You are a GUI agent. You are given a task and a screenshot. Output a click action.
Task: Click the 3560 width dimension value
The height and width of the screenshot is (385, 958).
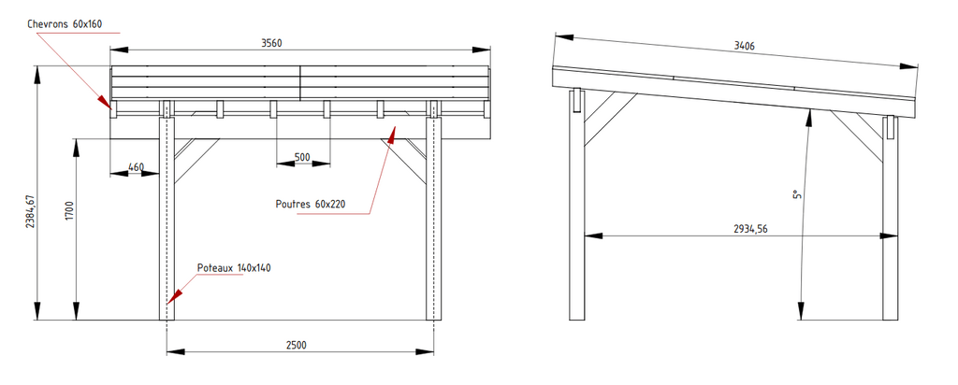271,43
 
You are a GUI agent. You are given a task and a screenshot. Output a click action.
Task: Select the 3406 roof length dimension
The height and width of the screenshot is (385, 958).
744,45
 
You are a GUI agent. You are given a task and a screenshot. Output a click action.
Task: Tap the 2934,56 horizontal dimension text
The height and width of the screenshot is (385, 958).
751,230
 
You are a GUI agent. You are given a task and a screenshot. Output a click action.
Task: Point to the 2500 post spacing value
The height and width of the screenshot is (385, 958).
297,345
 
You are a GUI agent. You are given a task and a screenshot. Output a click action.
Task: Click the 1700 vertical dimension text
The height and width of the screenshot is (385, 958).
69,210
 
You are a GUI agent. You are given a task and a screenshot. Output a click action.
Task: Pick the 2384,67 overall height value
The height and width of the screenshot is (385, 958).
30,212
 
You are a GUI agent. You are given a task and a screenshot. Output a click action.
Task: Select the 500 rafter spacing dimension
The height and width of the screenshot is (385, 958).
302,157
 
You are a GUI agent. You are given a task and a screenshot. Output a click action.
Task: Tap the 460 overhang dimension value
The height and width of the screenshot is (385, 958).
137,166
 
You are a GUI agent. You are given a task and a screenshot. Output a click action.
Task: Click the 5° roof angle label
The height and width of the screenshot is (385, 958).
796,194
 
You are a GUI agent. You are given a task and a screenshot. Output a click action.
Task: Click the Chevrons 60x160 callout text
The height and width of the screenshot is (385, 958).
65,23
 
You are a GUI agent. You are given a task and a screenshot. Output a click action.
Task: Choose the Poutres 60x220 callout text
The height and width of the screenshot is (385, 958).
311,204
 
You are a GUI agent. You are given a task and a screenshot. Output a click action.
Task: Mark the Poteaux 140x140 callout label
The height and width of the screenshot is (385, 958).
234,267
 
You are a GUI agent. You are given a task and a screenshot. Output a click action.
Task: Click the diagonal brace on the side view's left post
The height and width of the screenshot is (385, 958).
610,120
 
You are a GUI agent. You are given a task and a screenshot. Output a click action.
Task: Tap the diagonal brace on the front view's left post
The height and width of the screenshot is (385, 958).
196,161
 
